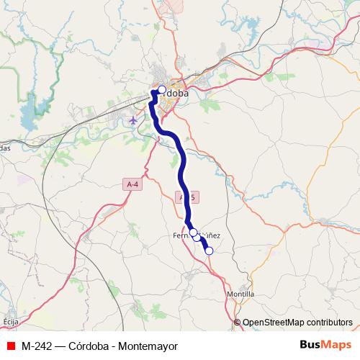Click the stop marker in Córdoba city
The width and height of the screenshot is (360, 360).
(x=162, y=90)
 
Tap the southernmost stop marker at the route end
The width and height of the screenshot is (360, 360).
(x=210, y=251)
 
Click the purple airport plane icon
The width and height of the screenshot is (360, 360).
(x=133, y=120)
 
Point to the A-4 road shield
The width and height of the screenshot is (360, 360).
(x=131, y=184)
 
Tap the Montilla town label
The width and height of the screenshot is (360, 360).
(x=240, y=294)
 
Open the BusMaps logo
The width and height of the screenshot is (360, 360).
(x=326, y=346)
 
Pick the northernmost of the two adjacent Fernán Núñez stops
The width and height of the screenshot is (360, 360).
(x=193, y=233)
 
